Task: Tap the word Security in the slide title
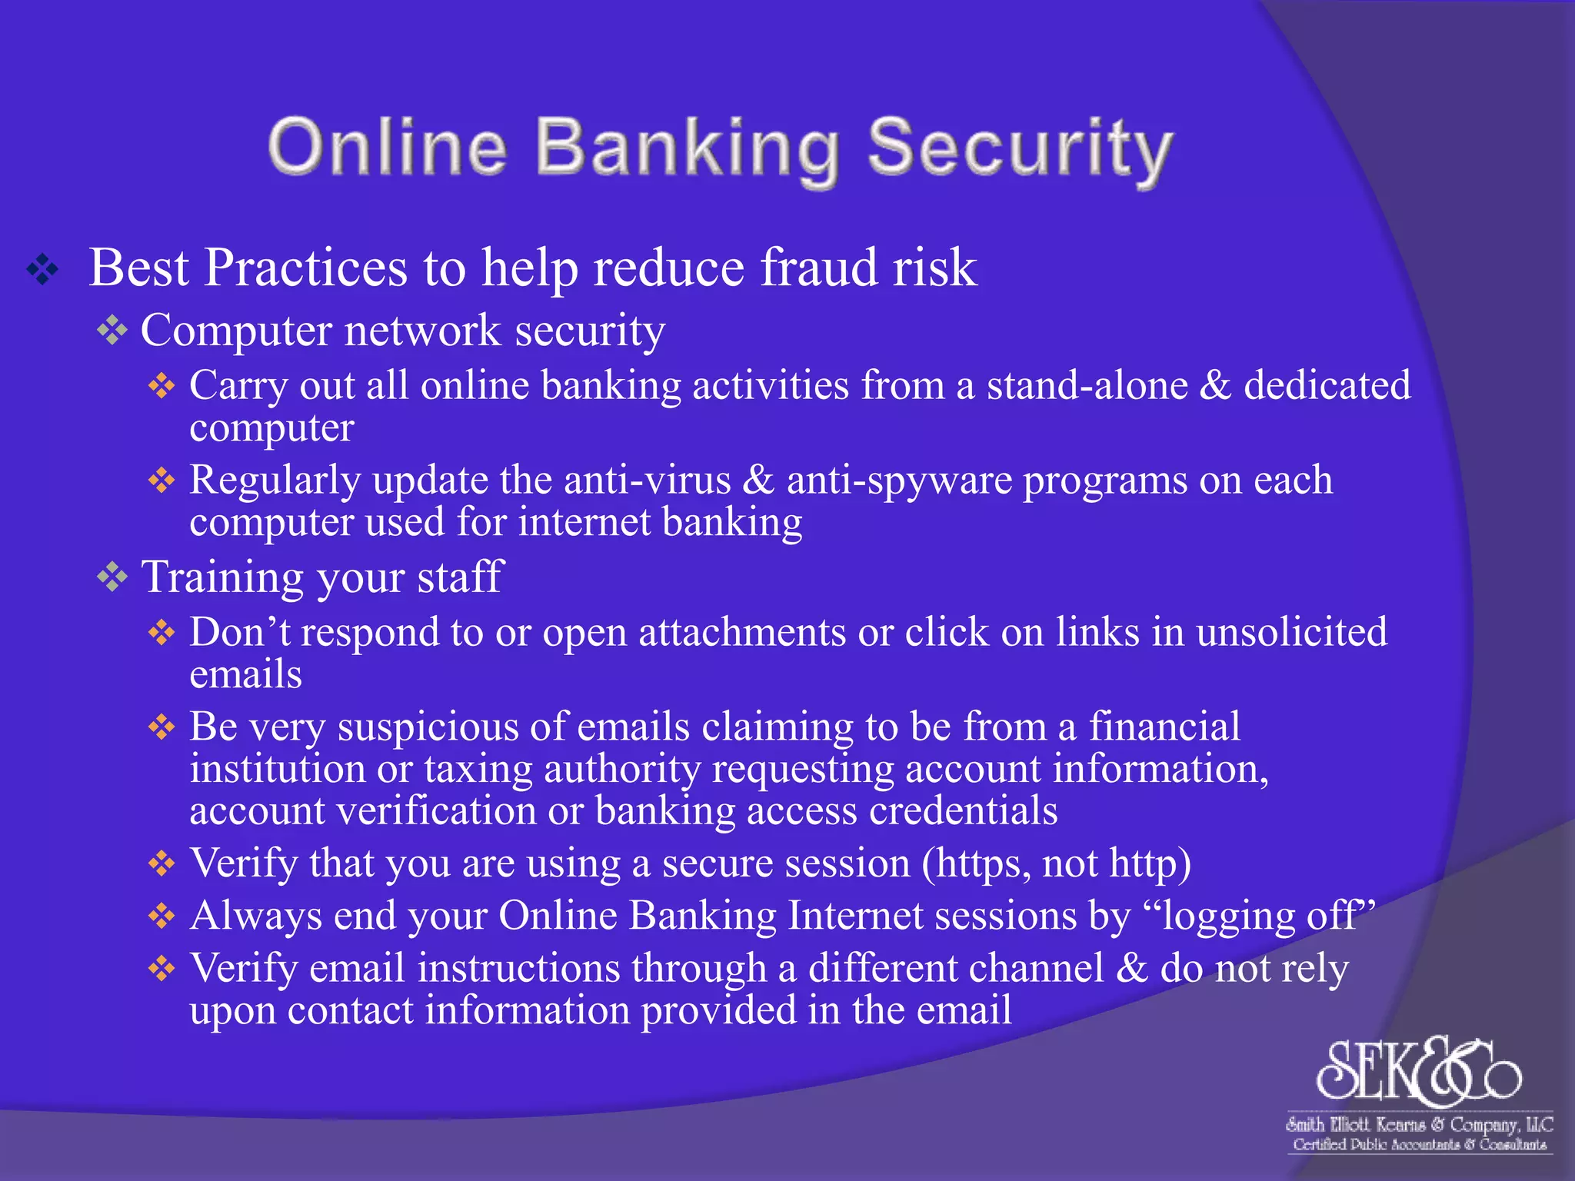(x=1020, y=149)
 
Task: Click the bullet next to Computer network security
(x=112, y=331)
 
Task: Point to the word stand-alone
(x=1087, y=385)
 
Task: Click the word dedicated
(x=1327, y=385)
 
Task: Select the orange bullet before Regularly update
(x=161, y=481)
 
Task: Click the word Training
(x=222, y=577)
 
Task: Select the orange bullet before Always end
(x=161, y=916)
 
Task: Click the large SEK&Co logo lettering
(x=1419, y=1071)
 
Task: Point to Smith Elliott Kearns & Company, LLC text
(x=1419, y=1124)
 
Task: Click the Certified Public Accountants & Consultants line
(x=1419, y=1145)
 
